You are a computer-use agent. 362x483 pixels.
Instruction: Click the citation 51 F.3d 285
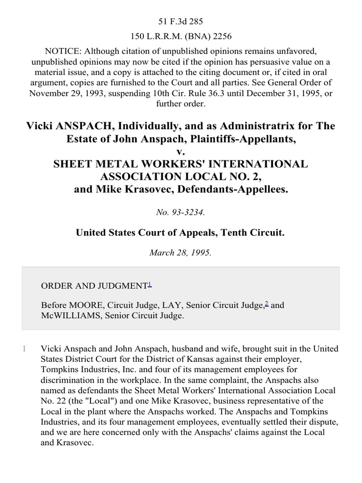click(181, 21)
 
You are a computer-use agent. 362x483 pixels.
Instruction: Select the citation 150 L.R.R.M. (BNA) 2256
click(181, 36)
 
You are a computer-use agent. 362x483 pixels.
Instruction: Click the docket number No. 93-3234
click(181, 212)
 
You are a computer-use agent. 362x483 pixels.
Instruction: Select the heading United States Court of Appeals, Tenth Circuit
click(181, 233)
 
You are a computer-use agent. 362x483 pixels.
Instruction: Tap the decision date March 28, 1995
click(181, 252)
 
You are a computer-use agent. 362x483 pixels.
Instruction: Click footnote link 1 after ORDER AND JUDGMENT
click(150, 284)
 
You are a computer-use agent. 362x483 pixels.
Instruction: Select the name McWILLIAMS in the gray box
click(67, 316)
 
